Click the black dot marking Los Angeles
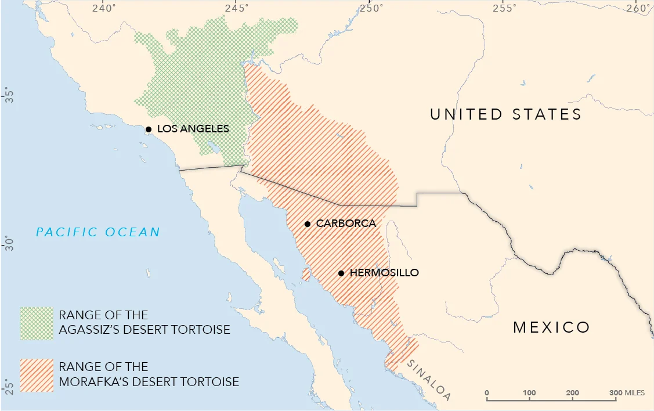pyautogui.click(x=149, y=129)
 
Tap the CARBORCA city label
pyautogui.click(x=346, y=223)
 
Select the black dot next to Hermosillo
pyautogui.click(x=341, y=273)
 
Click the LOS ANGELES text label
pyautogui.click(x=193, y=129)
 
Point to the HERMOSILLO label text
pyautogui.click(x=384, y=273)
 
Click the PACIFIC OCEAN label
pyautogui.click(x=98, y=233)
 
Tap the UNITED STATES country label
pyautogui.click(x=505, y=114)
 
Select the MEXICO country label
pyautogui.click(x=551, y=327)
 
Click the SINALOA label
pyautogui.click(x=429, y=381)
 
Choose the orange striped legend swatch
pyautogui.click(x=37, y=375)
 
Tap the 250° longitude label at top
pyautogui.click(x=371, y=9)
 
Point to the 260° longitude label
pyautogui.click(x=639, y=9)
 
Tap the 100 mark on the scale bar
pyautogui.click(x=529, y=393)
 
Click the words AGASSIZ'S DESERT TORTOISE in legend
pyautogui.click(x=144, y=330)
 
